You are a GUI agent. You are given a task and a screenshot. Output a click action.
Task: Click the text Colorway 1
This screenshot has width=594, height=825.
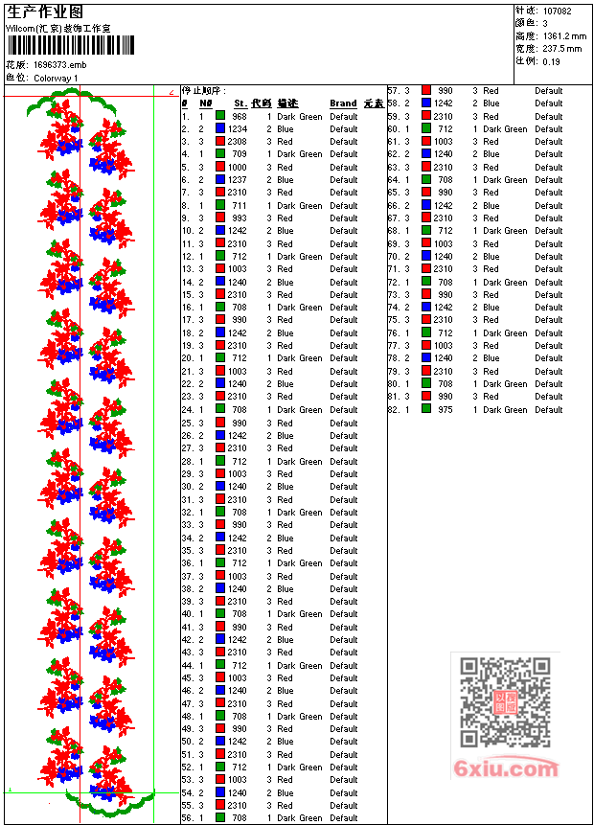(x=56, y=78)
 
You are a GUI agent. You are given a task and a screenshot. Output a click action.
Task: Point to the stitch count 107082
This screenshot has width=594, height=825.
(x=557, y=11)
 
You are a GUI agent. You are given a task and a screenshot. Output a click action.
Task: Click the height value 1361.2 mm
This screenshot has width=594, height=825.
(x=563, y=35)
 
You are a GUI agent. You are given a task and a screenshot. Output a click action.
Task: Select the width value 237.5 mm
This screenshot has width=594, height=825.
(x=561, y=48)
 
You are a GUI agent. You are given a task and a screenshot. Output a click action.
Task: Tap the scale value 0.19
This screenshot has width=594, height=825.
(x=551, y=60)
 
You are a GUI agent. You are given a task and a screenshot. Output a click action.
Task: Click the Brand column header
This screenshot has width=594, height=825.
(x=343, y=103)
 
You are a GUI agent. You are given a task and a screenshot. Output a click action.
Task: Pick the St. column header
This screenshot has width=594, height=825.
(x=240, y=103)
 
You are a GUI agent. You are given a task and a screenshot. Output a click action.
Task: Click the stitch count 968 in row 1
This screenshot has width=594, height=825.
(x=240, y=116)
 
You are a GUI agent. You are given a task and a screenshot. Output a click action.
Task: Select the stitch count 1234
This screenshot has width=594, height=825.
(x=238, y=128)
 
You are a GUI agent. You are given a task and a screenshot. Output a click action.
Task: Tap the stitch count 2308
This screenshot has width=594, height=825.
(x=238, y=142)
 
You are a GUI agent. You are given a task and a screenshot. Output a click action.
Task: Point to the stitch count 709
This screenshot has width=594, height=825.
(x=240, y=154)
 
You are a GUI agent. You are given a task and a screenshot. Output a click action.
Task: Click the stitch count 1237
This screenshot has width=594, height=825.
(x=238, y=180)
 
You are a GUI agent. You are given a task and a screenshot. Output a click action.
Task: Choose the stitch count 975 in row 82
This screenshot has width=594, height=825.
(x=445, y=410)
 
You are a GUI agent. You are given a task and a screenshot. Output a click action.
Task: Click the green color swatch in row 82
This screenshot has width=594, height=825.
(x=426, y=410)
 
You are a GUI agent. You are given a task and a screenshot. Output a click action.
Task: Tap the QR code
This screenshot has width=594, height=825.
(x=505, y=703)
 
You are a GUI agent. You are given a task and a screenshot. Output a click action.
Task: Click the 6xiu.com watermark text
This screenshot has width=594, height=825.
(x=506, y=768)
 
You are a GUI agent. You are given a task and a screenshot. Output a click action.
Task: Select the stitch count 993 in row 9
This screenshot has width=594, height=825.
(x=240, y=218)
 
